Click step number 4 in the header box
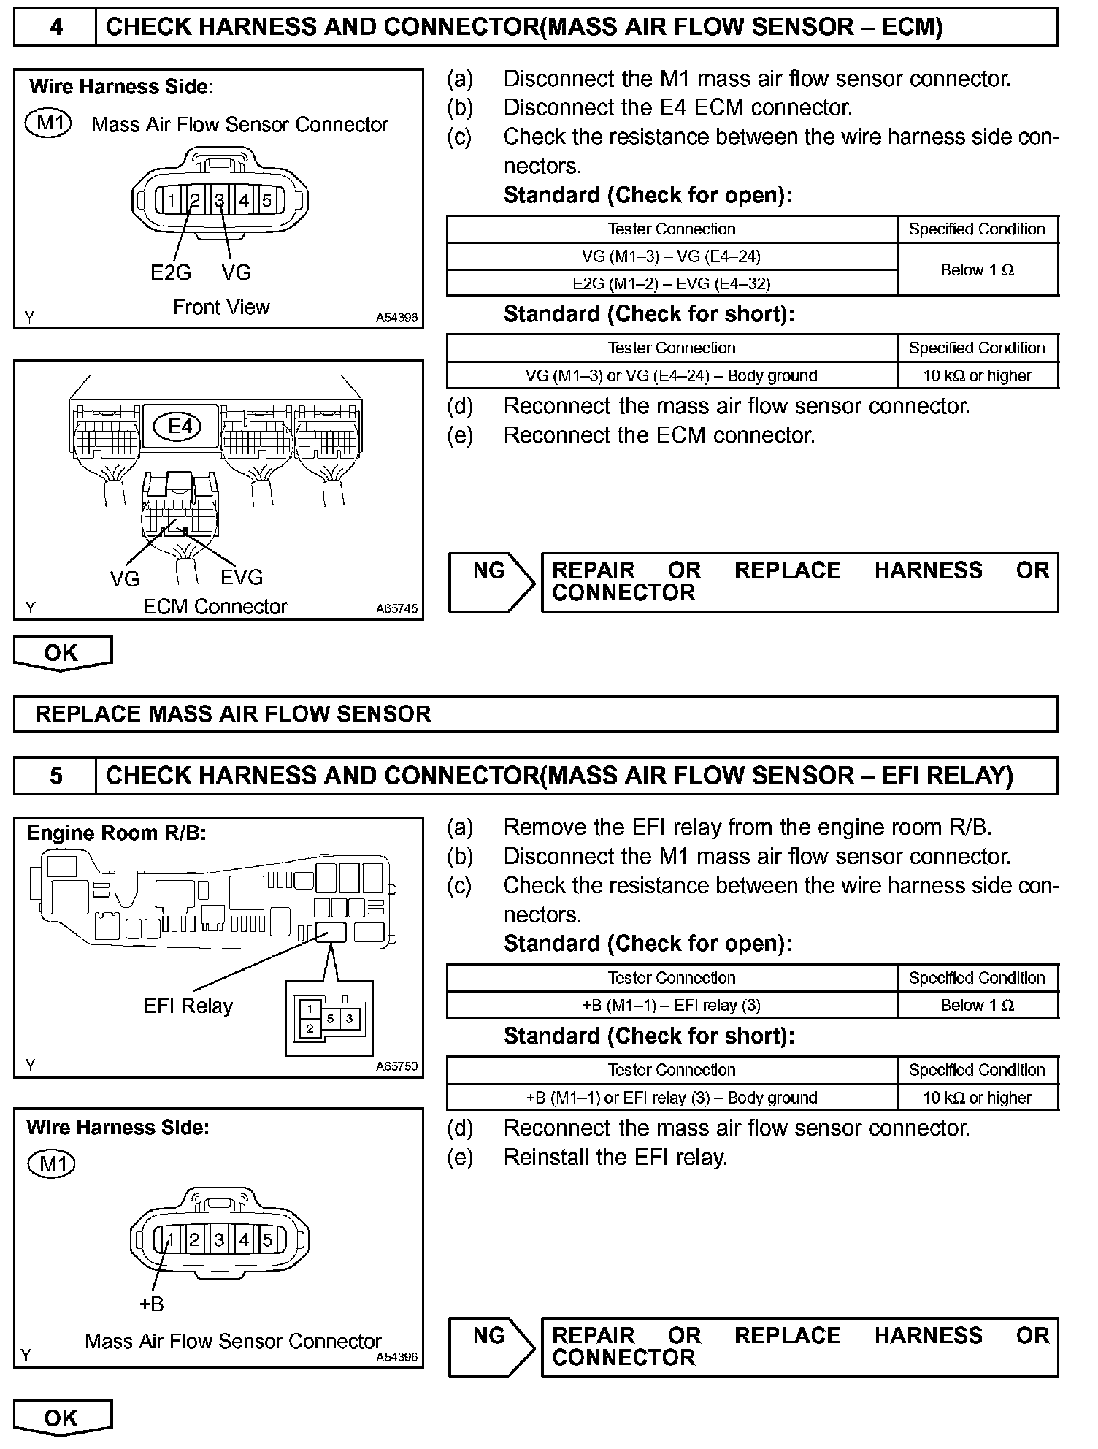55,28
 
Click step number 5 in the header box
55,776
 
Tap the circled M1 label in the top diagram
48,123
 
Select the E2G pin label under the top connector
170,272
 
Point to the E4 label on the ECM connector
180,426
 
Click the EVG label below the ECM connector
242,578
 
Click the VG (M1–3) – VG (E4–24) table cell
671,256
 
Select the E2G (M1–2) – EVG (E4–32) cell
671,283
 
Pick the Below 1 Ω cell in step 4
977,269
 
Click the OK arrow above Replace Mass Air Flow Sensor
62,652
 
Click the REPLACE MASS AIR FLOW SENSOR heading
233,714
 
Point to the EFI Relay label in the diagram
188,1006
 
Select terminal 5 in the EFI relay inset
331,1018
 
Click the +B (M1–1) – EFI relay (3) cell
671,1005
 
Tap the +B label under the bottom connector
151,1304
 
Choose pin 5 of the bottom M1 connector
267,1239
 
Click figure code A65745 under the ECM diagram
397,608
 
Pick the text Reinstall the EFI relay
615,1157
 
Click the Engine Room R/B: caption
116,833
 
